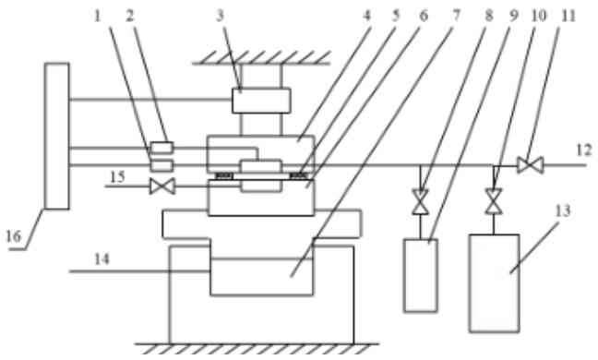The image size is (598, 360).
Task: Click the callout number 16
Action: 13,236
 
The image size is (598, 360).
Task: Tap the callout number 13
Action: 563,210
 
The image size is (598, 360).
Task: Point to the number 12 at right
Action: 584,150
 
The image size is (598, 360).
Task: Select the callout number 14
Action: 102,259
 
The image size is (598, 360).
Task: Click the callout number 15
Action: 117,177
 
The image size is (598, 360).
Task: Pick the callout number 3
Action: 220,16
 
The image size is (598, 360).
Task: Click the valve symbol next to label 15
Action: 162,186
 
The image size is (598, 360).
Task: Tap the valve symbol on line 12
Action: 531,165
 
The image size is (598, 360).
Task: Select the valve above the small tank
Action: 420,202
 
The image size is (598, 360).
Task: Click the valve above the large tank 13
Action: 494,201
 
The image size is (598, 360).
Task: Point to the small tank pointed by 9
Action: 421,276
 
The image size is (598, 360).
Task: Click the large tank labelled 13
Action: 495,283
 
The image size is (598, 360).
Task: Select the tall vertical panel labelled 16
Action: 57,136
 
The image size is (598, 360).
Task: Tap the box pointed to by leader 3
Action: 261,101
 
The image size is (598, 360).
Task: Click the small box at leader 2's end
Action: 161,147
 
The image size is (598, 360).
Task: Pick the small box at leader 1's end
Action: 161,165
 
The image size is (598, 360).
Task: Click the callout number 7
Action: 457,16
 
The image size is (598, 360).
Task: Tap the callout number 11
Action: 568,16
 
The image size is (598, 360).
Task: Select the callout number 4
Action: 366,16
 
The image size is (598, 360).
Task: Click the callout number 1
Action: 98,16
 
